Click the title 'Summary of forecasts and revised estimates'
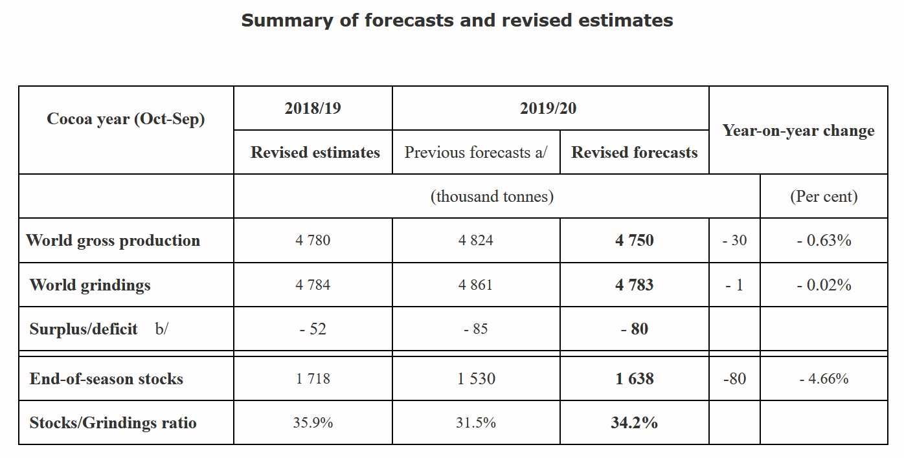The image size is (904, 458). click(x=457, y=21)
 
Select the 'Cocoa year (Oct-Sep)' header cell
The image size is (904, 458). click(x=126, y=119)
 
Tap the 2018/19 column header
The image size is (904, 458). click(x=312, y=108)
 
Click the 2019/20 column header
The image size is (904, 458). click(x=548, y=108)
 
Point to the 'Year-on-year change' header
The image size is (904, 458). click(x=798, y=131)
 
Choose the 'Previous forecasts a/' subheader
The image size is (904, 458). click(x=475, y=153)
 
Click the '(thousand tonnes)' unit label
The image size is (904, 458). click(x=492, y=197)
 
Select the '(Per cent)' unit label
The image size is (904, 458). click(x=823, y=197)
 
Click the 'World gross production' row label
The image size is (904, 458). click(x=113, y=241)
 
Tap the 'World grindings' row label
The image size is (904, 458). click(x=90, y=285)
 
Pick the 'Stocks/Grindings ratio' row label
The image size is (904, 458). click(x=113, y=423)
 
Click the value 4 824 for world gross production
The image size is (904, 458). click(x=475, y=241)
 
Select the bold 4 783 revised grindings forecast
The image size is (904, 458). click(x=634, y=285)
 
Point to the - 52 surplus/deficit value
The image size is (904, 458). click(x=312, y=329)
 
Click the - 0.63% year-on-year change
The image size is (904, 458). click(x=823, y=241)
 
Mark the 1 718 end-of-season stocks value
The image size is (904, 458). click(x=312, y=379)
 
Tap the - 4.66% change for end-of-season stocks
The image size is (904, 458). click(x=823, y=379)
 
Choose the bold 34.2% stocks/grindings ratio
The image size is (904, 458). click(x=634, y=423)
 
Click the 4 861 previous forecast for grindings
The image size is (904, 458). click(x=475, y=285)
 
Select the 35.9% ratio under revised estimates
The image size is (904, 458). click(x=312, y=423)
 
